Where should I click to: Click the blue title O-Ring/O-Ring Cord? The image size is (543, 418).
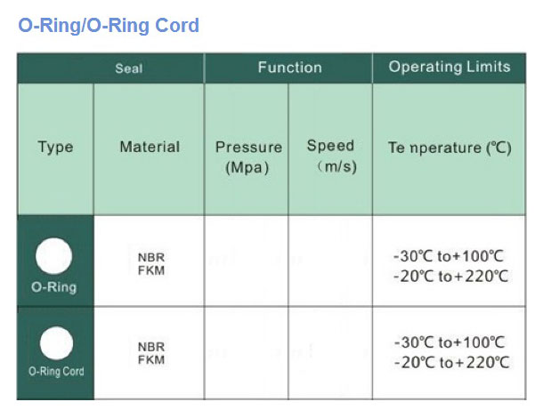pyautogui.click(x=109, y=26)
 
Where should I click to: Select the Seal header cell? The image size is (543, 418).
pyautogui.click(x=110, y=68)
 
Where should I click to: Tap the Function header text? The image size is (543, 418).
pyautogui.click(x=290, y=67)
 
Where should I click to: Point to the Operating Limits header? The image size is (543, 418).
pyautogui.click(x=450, y=67)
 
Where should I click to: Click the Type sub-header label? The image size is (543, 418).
pyautogui.click(x=55, y=147)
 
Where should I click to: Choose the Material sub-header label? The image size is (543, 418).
pyautogui.click(x=150, y=147)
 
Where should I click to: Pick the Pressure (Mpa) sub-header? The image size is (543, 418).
pyautogui.click(x=248, y=157)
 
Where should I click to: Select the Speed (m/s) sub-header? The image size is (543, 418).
pyautogui.click(x=332, y=156)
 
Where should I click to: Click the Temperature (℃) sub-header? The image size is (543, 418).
pyautogui.click(x=450, y=148)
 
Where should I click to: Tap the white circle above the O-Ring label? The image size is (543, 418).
pyautogui.click(x=54, y=256)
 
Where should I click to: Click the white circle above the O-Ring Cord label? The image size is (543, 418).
pyautogui.click(x=56, y=343)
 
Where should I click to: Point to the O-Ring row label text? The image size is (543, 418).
pyautogui.click(x=54, y=287)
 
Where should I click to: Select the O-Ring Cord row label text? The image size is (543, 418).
pyautogui.click(x=56, y=371)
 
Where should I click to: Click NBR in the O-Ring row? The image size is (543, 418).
pyautogui.click(x=151, y=257)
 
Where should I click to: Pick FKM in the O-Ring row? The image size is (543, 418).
pyautogui.click(x=151, y=270)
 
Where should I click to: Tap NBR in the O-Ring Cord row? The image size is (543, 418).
pyautogui.click(x=151, y=347)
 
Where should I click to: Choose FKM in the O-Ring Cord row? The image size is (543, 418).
pyautogui.click(x=151, y=360)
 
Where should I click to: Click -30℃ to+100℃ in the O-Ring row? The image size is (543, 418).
pyautogui.click(x=449, y=256)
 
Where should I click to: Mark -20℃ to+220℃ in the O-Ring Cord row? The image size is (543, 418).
pyautogui.click(x=452, y=363)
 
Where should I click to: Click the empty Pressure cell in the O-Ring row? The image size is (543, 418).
pyautogui.click(x=247, y=261)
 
